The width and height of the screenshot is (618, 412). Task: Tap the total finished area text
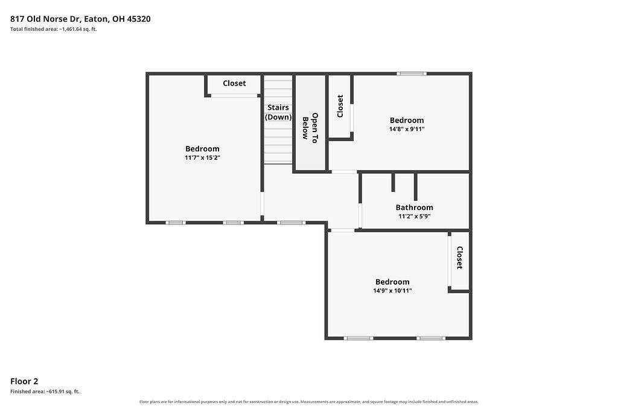click(x=54, y=29)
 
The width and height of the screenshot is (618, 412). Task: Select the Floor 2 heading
click(x=24, y=381)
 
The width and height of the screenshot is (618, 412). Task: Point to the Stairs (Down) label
click(x=278, y=112)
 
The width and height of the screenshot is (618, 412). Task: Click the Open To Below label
click(x=310, y=128)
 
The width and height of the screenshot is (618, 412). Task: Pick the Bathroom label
click(x=414, y=208)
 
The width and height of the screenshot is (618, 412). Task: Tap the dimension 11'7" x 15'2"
click(x=202, y=157)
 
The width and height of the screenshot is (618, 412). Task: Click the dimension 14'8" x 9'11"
click(x=407, y=129)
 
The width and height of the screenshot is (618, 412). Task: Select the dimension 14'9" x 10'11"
click(x=392, y=291)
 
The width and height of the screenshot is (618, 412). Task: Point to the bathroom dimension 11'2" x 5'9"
click(x=414, y=216)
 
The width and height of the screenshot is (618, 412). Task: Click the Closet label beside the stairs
click(x=234, y=83)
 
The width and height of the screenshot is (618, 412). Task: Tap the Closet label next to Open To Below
click(x=340, y=106)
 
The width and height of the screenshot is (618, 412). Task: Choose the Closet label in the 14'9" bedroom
click(x=459, y=258)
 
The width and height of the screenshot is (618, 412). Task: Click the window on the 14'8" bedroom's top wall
click(x=412, y=74)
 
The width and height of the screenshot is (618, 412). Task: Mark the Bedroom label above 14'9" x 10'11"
click(x=392, y=282)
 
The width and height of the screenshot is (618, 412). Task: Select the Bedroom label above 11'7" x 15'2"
click(x=202, y=149)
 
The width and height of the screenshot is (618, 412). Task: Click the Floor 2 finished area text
click(x=45, y=391)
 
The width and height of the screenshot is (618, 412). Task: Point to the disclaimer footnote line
click(x=309, y=402)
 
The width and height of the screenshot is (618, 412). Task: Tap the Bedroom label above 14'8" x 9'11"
click(x=407, y=121)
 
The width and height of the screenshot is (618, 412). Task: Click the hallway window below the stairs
click(x=291, y=223)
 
